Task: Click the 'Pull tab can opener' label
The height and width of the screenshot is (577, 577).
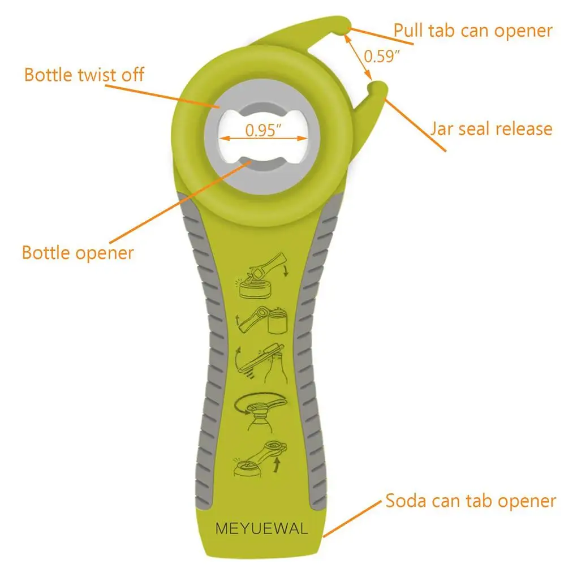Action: point(472,31)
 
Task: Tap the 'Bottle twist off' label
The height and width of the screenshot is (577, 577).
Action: point(84,74)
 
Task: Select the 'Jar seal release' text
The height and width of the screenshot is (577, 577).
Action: point(490,128)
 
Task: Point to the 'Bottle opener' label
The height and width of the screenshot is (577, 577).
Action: point(77,252)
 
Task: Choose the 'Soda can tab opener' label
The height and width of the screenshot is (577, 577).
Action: point(471,501)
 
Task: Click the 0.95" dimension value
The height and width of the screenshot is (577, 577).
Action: point(263,130)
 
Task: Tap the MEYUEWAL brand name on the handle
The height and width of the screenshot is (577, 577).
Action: point(262,529)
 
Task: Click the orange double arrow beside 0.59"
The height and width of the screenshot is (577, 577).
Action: point(360,55)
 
